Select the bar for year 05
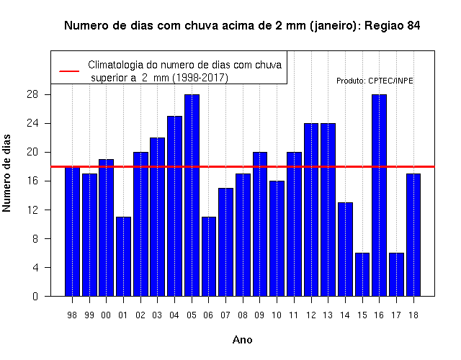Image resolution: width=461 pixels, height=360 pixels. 192,195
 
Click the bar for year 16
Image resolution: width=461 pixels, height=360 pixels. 379,195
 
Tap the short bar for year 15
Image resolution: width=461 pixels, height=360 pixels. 362,274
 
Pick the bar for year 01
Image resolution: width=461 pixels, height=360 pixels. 123,256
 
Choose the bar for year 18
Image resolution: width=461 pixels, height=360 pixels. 413,235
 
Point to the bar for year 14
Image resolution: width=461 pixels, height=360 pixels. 345,249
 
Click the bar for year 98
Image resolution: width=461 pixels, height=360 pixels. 72,231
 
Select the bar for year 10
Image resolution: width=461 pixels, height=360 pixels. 277,238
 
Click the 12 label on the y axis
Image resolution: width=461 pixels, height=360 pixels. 32,210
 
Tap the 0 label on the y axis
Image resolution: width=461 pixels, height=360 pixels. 35,296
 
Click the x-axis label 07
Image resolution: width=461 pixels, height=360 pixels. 225,315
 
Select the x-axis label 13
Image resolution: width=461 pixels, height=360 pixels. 328,315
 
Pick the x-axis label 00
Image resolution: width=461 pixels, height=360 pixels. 106,315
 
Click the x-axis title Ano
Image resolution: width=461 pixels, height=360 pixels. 242,340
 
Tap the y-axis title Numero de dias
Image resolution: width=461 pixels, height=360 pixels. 6,173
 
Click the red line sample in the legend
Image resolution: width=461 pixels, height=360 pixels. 69,71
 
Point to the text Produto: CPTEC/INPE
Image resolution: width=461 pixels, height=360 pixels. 375,81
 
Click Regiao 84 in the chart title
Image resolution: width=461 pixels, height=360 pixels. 392,26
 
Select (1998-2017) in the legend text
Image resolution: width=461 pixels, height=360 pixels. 200,78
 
